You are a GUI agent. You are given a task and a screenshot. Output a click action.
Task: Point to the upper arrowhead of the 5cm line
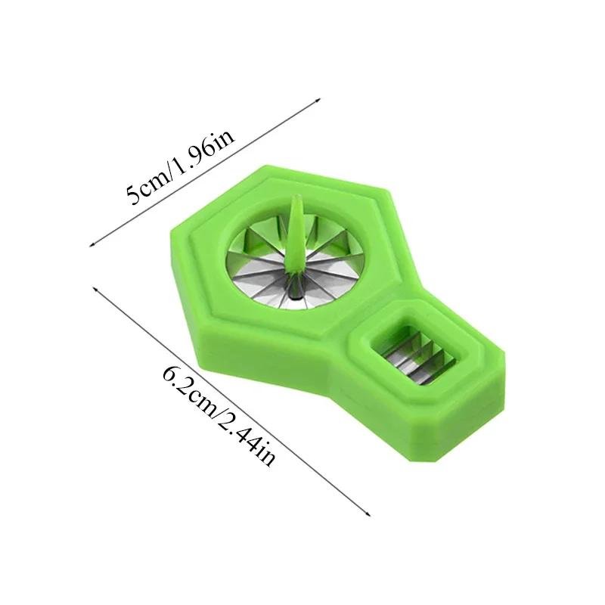(x=320, y=98)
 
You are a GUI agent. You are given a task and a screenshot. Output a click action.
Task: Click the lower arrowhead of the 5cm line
(x=92, y=244)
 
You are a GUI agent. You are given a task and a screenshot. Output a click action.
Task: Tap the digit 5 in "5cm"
(x=132, y=198)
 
